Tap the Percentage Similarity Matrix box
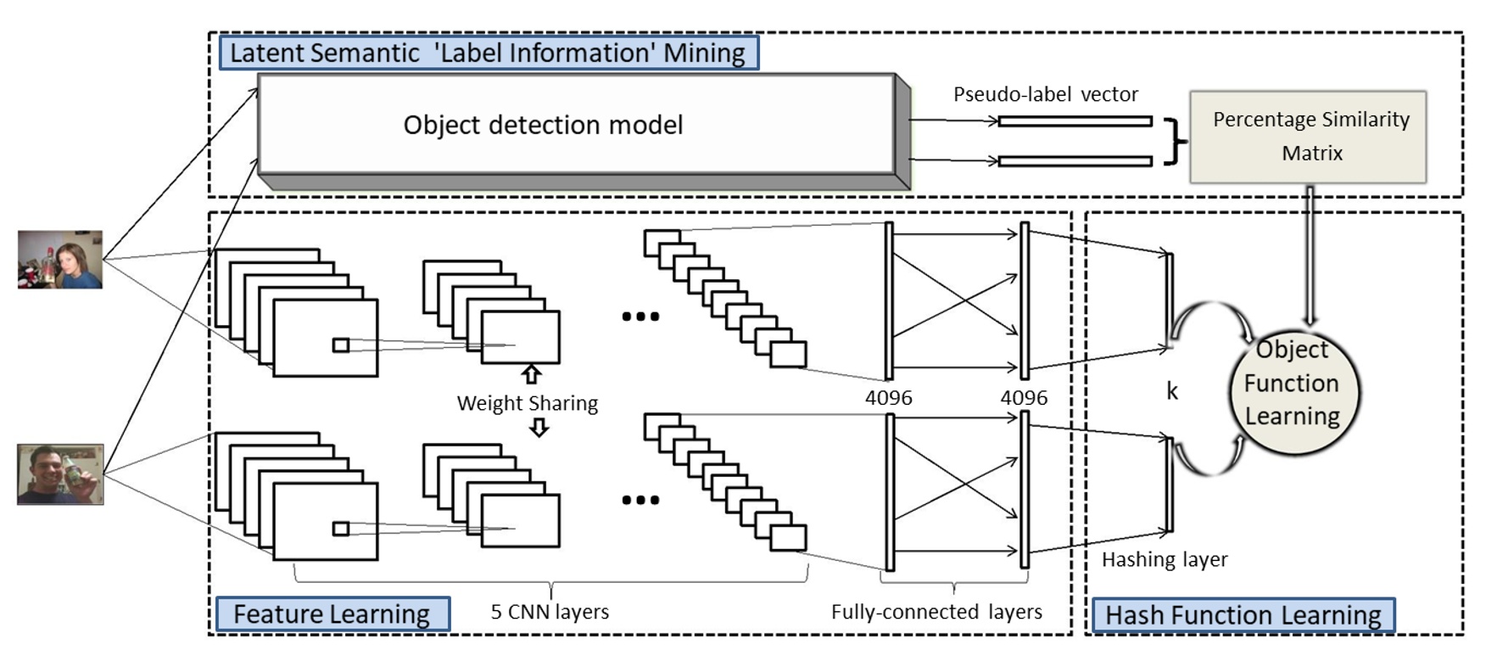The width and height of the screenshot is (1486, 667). [x=1308, y=137]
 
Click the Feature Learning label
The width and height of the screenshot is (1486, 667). [x=332, y=614]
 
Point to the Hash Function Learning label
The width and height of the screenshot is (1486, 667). [x=1243, y=614]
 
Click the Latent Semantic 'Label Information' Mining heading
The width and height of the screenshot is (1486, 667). [x=488, y=53]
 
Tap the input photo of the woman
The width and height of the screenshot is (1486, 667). [x=60, y=260]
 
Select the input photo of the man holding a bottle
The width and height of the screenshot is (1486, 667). [x=60, y=474]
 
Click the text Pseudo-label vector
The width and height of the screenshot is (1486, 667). [x=1045, y=94]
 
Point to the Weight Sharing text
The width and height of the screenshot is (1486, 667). [x=527, y=403]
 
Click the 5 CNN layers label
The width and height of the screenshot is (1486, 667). [x=550, y=612]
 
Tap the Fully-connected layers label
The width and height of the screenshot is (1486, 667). [x=936, y=612]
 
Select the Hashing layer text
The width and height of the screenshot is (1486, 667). [x=1164, y=560]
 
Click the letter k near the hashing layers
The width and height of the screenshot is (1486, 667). [x=1171, y=391]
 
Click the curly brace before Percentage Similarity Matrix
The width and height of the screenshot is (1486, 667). [x=1175, y=141]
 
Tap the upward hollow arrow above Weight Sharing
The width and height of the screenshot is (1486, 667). [x=531, y=374]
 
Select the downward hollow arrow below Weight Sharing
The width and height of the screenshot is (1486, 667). [x=539, y=429]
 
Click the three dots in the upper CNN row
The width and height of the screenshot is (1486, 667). [x=640, y=317]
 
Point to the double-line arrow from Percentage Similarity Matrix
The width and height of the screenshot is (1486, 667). [x=1310, y=255]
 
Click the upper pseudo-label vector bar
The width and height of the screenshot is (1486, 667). [x=1075, y=121]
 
